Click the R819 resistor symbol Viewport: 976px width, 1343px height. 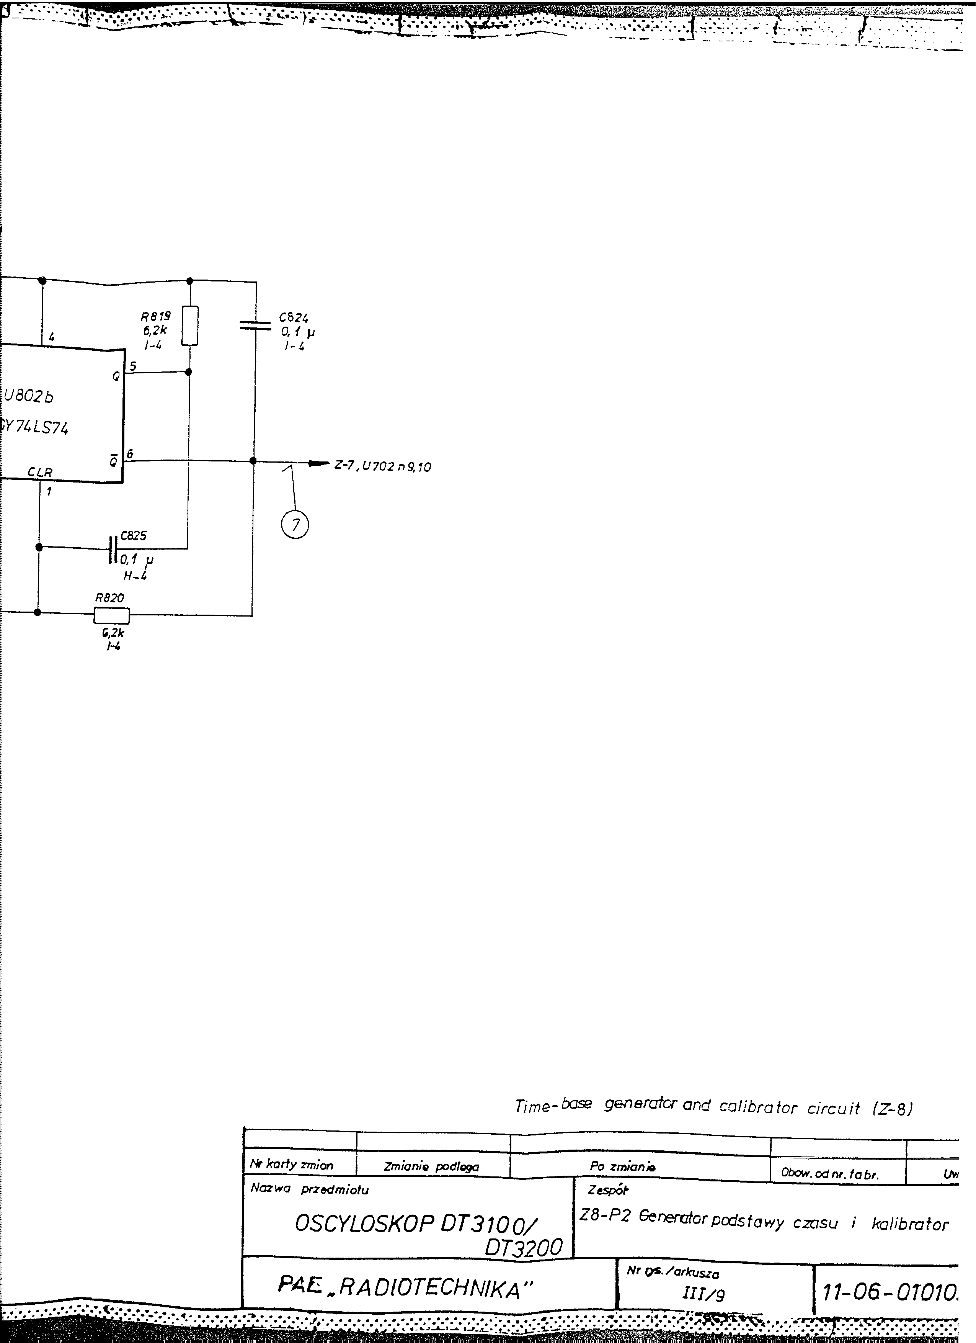point(189,326)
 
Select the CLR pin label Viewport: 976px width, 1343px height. point(40,473)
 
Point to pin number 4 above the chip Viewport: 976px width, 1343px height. point(52,337)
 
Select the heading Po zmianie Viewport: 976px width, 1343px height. point(622,1166)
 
